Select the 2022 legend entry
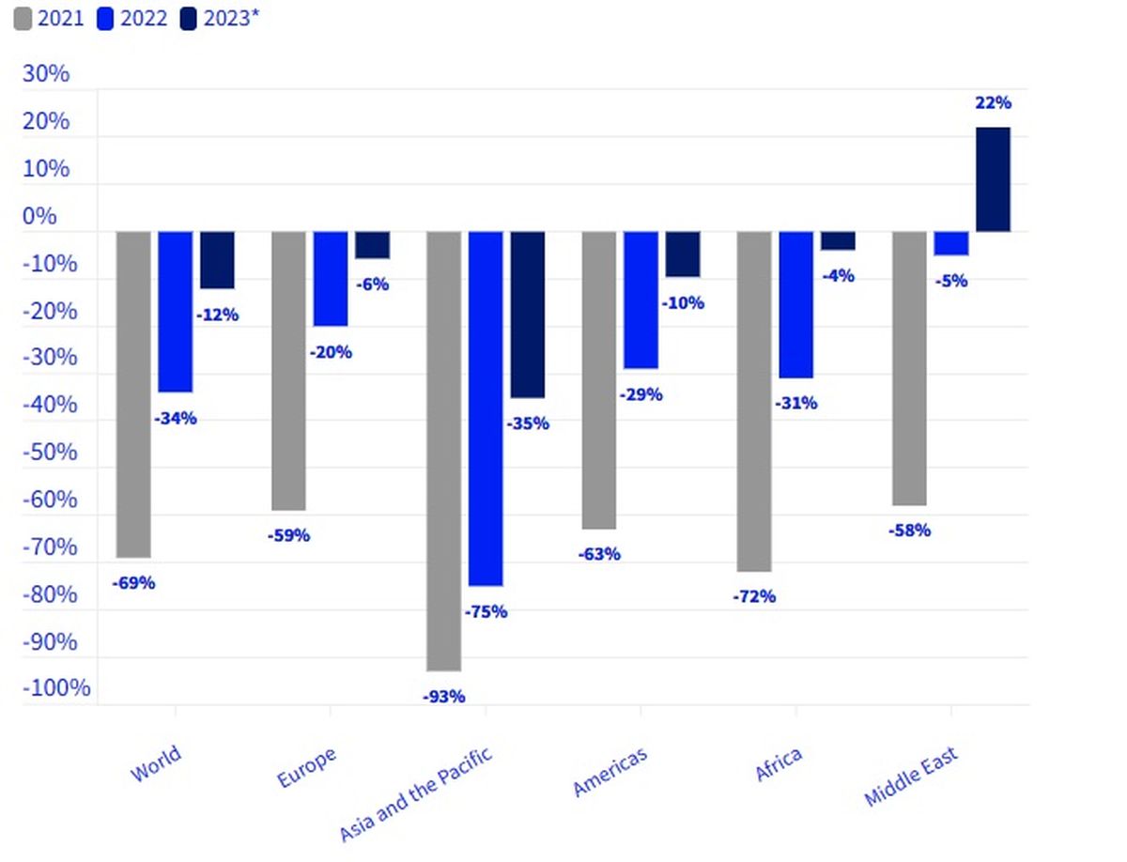pyautogui.click(x=132, y=18)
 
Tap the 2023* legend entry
pyautogui.click(x=219, y=18)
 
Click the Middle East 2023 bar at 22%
pyautogui.click(x=993, y=178)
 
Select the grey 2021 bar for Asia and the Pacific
pyautogui.click(x=444, y=451)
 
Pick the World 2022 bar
pyautogui.click(x=175, y=312)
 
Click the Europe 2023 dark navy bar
pyautogui.click(x=372, y=245)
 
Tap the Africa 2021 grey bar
pyautogui.click(x=754, y=401)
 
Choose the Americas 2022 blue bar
pyautogui.click(x=641, y=300)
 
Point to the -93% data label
pyautogui.click(x=444, y=696)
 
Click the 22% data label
pyautogui.click(x=993, y=103)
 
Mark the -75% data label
pyautogui.click(x=486, y=612)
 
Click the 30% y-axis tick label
pyautogui.click(x=46, y=74)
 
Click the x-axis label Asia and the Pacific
pyautogui.click(x=415, y=793)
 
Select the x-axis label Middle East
pyautogui.click(x=911, y=776)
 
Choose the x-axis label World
pyautogui.click(x=155, y=763)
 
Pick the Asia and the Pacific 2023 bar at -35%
pyautogui.click(x=527, y=315)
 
